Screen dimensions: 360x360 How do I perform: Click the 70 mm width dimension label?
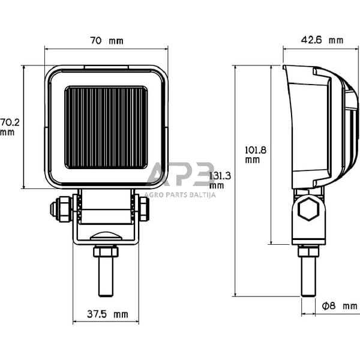(x=106, y=41)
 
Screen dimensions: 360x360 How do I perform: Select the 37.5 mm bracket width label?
(x=107, y=314)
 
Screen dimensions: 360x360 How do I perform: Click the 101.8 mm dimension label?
(x=253, y=155)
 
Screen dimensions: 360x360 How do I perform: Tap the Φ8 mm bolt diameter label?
(x=339, y=306)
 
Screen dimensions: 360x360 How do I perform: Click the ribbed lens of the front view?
(x=106, y=127)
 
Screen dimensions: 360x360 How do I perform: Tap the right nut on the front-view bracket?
(x=144, y=208)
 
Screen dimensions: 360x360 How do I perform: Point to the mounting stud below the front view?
(x=106, y=276)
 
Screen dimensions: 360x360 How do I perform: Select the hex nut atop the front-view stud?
(x=106, y=251)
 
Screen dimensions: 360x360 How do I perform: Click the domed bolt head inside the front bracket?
(x=106, y=236)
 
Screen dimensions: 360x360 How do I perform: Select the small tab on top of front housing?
(x=106, y=66)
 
